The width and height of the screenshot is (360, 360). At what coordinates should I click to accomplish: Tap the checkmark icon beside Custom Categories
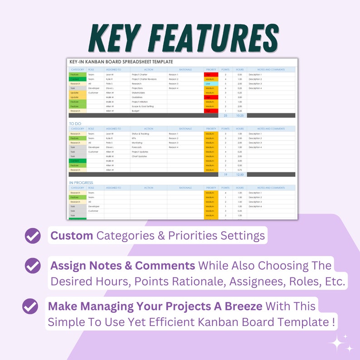click(32, 236)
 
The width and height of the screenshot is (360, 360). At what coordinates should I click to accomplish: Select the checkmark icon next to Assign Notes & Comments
click(32, 266)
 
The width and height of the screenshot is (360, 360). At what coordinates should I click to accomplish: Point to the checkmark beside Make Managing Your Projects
click(30, 307)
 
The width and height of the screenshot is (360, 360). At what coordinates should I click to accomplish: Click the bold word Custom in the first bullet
click(72, 236)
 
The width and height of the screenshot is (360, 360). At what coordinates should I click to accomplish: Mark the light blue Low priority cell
click(211, 83)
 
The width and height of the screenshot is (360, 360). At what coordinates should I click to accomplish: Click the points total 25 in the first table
click(225, 115)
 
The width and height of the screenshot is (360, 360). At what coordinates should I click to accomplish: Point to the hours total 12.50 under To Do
click(239, 174)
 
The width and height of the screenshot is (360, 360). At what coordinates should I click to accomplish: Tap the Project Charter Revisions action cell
click(144, 79)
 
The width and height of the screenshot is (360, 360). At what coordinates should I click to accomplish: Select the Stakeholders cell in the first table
click(138, 92)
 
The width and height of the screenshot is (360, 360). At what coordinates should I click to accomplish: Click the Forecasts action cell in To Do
click(136, 147)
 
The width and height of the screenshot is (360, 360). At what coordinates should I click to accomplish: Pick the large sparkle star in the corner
click(337, 344)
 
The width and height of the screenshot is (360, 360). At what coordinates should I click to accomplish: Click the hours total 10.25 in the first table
click(239, 115)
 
